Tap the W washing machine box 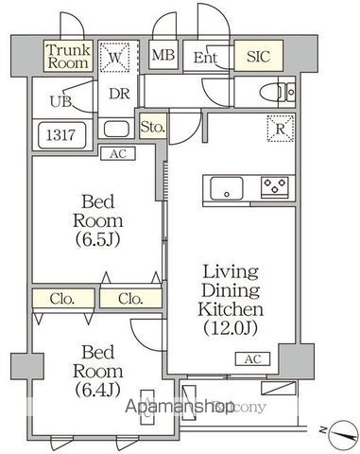117,57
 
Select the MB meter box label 163,56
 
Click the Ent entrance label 205,58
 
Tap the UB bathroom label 60,99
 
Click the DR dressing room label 118,94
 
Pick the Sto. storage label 152,126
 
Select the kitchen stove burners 276,184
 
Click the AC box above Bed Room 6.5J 118,153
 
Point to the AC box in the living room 253,359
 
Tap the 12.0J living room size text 230,327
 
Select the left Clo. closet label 63,299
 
